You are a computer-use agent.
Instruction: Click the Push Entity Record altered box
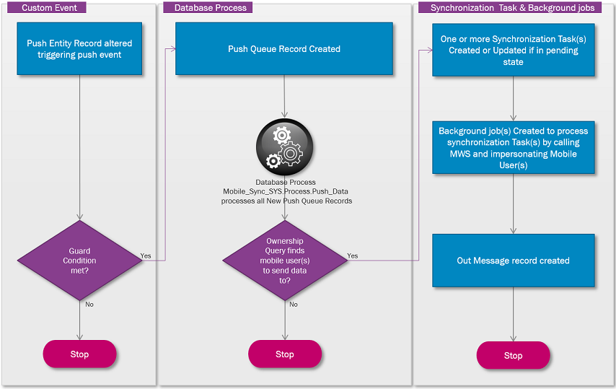coord(79,48)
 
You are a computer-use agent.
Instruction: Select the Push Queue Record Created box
coord(284,49)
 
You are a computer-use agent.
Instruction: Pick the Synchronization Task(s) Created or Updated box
coord(513,50)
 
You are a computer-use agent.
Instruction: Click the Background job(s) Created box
coord(513,148)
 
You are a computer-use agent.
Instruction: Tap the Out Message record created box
coord(513,261)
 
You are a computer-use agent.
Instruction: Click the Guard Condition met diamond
coord(79,260)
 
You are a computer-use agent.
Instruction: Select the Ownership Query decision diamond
coord(284,260)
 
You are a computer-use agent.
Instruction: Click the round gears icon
coord(284,148)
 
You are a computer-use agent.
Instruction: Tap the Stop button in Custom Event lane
coord(79,354)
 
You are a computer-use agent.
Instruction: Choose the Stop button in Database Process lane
coord(284,354)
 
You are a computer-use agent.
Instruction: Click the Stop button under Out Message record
coord(513,355)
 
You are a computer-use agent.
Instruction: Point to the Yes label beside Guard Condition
coord(146,255)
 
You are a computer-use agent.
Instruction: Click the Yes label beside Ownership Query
coord(352,255)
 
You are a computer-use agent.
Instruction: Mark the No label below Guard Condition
coord(89,305)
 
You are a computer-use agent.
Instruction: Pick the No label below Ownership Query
coord(294,305)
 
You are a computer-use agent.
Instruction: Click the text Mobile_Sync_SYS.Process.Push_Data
coord(286,191)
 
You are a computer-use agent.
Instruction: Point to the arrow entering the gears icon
coord(284,113)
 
